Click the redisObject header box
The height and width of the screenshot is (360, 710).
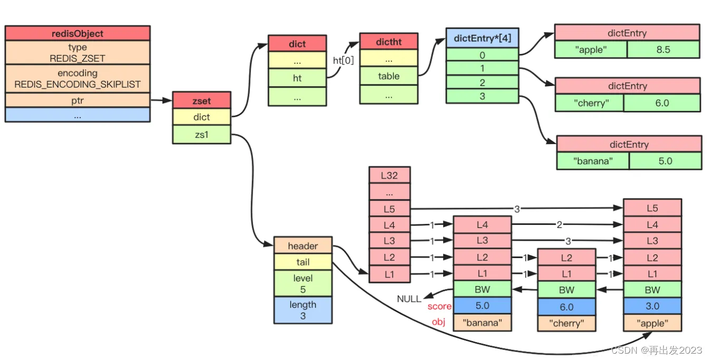78,33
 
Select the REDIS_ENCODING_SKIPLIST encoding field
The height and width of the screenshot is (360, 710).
78,79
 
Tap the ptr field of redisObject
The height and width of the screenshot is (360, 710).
78,100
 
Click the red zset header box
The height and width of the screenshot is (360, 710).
202,100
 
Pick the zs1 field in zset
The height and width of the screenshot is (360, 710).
202,135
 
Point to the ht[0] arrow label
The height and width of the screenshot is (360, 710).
343,60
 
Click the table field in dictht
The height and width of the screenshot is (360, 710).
389,76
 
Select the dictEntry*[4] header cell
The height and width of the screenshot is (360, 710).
482,38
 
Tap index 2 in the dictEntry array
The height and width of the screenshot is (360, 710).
482,82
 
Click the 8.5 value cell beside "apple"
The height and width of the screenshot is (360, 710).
663,50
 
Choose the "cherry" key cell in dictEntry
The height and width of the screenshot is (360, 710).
590,103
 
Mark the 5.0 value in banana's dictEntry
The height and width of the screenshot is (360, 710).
665,161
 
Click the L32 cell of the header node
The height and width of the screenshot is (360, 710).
390,175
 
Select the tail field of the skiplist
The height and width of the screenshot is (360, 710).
303,262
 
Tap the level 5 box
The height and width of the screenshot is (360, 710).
303,283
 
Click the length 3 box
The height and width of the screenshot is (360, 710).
303,310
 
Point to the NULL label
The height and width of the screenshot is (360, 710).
409,299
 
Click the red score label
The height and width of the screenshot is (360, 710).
439,307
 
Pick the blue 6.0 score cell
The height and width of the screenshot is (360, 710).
566,307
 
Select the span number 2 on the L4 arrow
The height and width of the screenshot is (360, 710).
559,225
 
